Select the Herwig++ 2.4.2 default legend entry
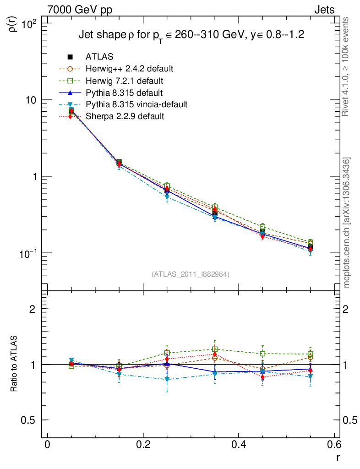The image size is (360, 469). point(129,69)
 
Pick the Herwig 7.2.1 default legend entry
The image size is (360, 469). point(125,81)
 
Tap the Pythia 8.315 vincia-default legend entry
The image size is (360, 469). point(136,104)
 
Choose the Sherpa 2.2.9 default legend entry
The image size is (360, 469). point(125,116)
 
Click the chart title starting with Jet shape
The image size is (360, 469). point(191,35)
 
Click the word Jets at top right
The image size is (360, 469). point(324,10)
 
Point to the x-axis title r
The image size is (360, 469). point(338,457)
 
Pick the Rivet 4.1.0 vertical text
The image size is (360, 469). point(346,66)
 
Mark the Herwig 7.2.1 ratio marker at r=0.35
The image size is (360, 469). point(215,349)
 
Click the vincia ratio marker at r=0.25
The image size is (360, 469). point(167,380)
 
